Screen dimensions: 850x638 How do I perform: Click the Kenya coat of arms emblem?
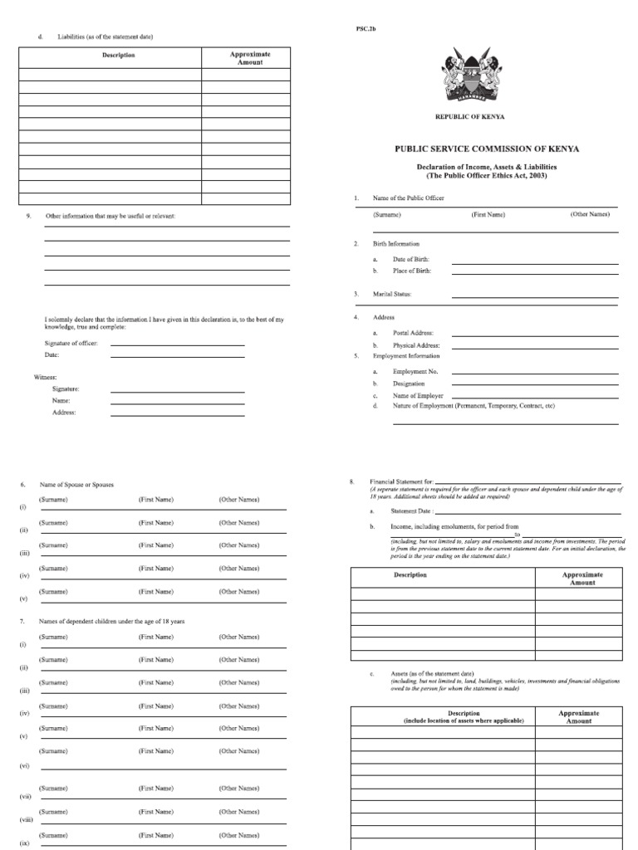pyautogui.click(x=470, y=76)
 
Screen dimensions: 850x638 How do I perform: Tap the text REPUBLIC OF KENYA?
pyautogui.click(x=470, y=117)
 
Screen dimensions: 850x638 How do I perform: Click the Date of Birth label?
pyautogui.click(x=410, y=260)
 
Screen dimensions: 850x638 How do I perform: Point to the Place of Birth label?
pyautogui.click(x=412, y=271)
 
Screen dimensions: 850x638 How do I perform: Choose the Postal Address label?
pyautogui.click(x=414, y=332)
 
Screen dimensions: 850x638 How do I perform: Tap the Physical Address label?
pyautogui.click(x=416, y=345)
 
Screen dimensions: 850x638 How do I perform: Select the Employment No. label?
pyautogui.click(x=415, y=372)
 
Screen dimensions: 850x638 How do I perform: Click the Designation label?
pyautogui.click(x=409, y=383)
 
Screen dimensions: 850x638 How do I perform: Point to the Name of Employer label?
pyautogui.click(x=418, y=396)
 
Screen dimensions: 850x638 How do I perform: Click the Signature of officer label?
pyautogui.click(x=71, y=343)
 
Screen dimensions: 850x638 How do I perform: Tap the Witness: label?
pyautogui.click(x=46, y=377)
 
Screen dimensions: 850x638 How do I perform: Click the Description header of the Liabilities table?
pyautogui.click(x=118, y=56)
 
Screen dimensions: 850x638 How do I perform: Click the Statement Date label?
pyautogui.click(x=412, y=511)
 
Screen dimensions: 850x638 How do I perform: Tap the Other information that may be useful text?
pyautogui.click(x=115, y=216)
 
